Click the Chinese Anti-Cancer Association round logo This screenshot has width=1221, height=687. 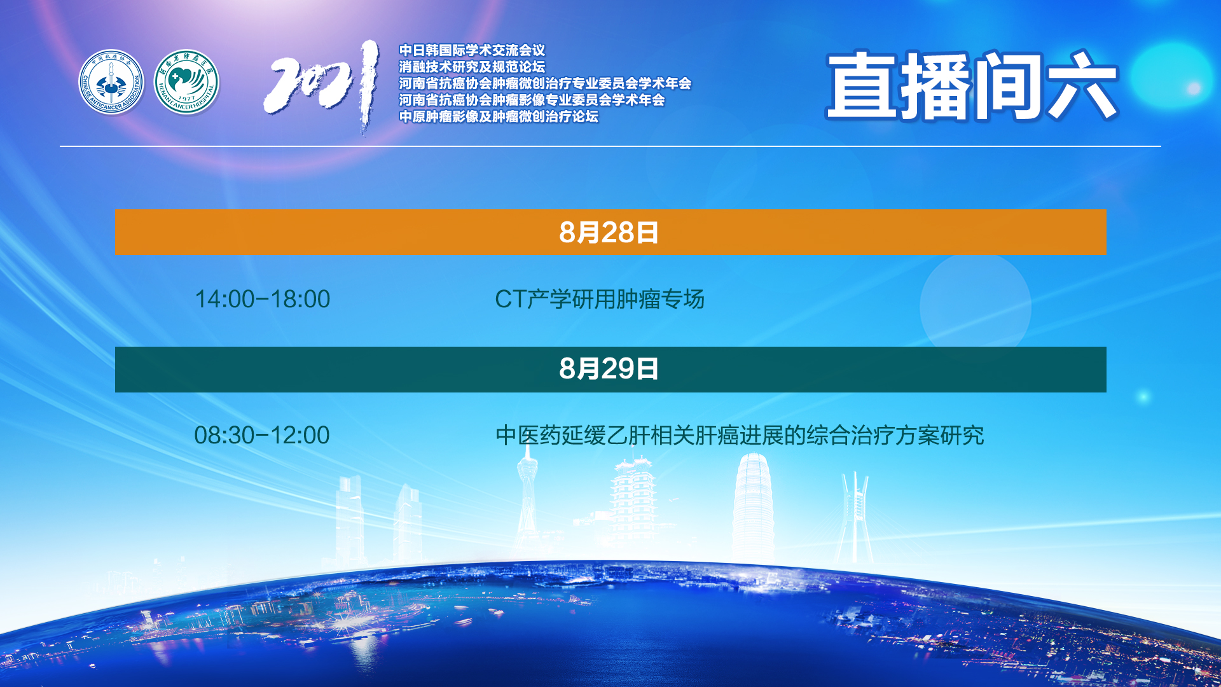pyautogui.click(x=111, y=83)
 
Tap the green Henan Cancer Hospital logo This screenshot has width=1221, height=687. pyautogui.click(x=187, y=83)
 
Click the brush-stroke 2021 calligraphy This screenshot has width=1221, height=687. pyautogui.click(x=322, y=87)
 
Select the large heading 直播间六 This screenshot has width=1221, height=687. pyautogui.click(x=972, y=86)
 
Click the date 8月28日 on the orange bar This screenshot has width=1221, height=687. pyautogui.click(x=609, y=233)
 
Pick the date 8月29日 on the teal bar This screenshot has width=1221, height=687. pyautogui.click(x=609, y=369)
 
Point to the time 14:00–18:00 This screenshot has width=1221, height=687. pyautogui.click(x=262, y=299)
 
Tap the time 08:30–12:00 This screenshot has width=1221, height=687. pyautogui.click(x=262, y=435)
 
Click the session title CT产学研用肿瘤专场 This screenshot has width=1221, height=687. pyautogui.click(x=600, y=299)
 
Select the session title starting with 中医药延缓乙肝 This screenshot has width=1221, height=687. pyautogui.click(x=740, y=435)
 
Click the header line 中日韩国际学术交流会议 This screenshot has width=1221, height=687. pyautogui.click(x=472, y=50)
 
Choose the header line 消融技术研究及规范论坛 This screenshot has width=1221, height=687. pyautogui.click(x=472, y=67)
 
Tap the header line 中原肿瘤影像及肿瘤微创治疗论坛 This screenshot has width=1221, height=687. pyautogui.click(x=499, y=116)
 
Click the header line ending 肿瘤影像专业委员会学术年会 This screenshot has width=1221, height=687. pyautogui.click(x=532, y=100)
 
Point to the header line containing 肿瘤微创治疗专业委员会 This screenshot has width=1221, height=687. pyautogui.click(x=545, y=83)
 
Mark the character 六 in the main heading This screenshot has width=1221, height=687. pyautogui.click(x=1082, y=86)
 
